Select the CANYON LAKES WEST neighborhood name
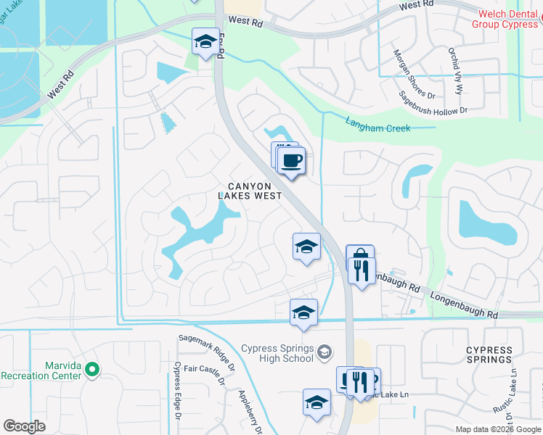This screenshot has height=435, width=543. (x=250, y=191)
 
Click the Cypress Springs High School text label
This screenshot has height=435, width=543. (x=277, y=353)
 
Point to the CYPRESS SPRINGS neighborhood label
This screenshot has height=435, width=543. (x=489, y=355)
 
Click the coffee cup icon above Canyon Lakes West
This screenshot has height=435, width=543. (x=291, y=161)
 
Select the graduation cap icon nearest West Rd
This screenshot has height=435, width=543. (x=205, y=41)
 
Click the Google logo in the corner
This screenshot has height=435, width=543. (x=25, y=426)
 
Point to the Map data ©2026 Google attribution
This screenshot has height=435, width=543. (x=497, y=429)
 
